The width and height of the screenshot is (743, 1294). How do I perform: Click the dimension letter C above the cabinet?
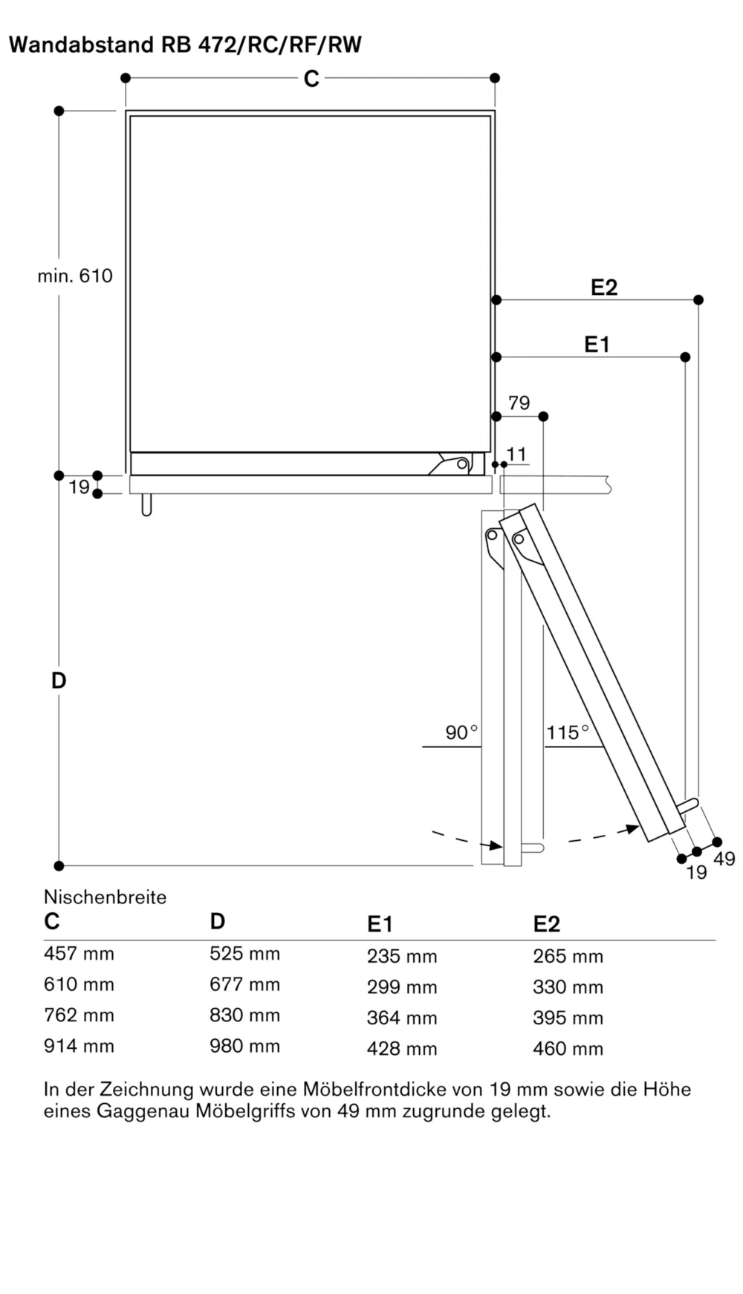coord(311,79)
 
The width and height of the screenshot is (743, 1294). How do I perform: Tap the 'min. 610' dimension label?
coord(75,276)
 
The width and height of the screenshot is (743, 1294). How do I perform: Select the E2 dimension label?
coord(603,287)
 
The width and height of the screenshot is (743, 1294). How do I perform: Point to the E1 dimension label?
coord(596,345)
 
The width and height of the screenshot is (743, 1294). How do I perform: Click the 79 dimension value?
coord(519,403)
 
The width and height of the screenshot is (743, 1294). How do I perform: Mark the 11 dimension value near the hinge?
coord(516,454)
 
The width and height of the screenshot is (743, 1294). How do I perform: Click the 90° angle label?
coord(461,732)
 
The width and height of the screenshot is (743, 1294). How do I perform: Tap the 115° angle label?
coord(567,732)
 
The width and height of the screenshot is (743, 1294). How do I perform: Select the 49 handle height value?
coord(724,859)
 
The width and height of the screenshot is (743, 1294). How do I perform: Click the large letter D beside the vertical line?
coord(59,680)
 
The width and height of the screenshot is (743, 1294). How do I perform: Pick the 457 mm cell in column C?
coord(79,954)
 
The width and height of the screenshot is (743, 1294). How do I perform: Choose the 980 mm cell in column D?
coord(244,1046)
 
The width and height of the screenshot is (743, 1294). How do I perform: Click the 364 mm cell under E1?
coord(401,1018)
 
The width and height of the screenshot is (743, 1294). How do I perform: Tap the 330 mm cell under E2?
coord(568,987)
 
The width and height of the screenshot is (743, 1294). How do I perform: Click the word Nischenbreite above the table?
coord(105,897)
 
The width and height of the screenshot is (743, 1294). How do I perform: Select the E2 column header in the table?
coord(546,924)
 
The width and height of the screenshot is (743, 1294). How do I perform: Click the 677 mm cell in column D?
coord(244,984)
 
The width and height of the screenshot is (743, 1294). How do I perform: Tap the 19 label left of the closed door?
coord(79,487)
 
